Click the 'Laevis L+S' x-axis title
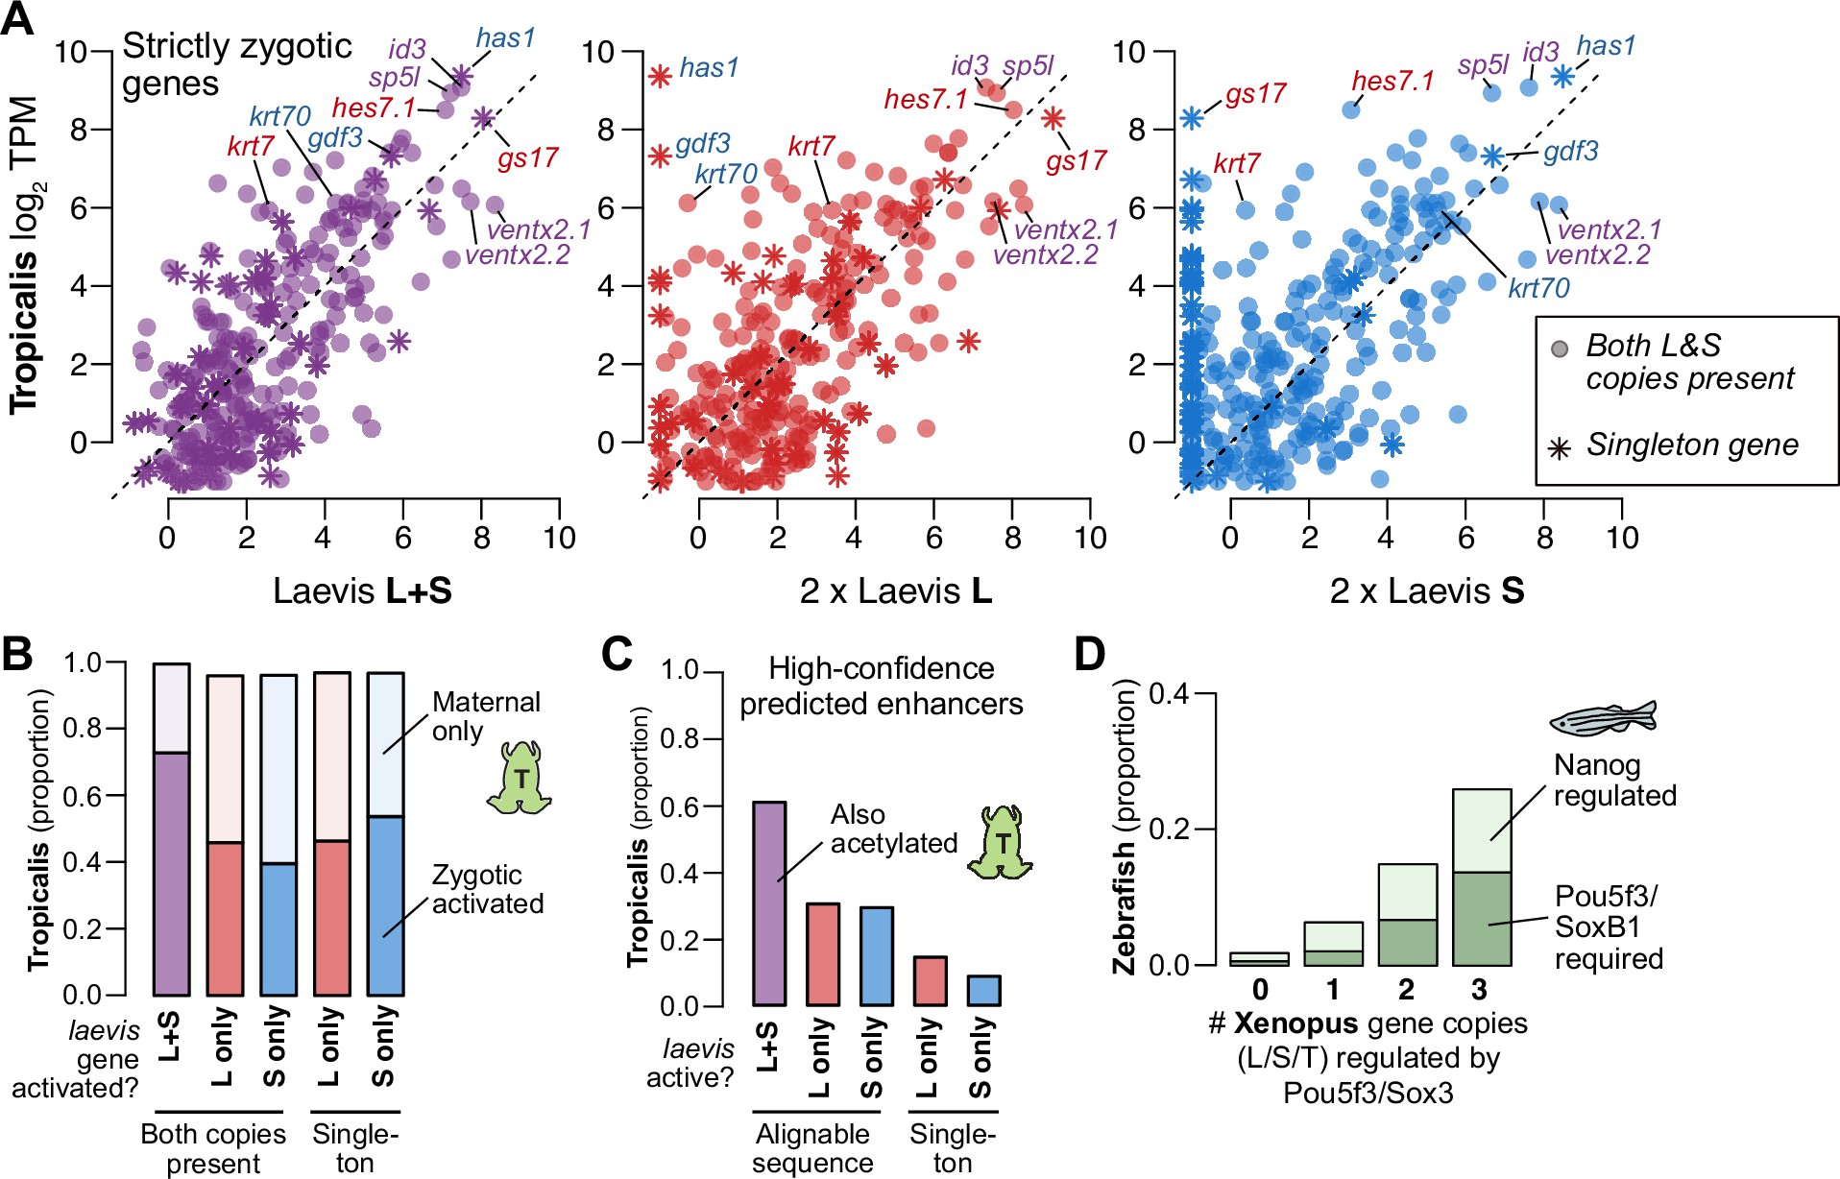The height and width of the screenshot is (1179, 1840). coord(362,590)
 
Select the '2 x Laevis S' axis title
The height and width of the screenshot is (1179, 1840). coord(1426,590)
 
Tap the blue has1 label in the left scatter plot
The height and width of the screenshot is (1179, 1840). coord(505,38)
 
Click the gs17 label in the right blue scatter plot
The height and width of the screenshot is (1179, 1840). coord(1255,94)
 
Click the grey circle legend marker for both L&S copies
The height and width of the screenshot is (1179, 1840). coord(1560,348)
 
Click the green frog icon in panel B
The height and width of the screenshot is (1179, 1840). coord(521,778)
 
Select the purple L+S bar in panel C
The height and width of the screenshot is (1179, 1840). coord(768,902)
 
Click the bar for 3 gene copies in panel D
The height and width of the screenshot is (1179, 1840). coord(1482,877)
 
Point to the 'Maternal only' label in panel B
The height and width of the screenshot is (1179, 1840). coord(486,716)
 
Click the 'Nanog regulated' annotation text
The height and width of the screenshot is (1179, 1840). coord(1614,781)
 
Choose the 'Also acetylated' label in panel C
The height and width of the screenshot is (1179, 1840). coord(893,829)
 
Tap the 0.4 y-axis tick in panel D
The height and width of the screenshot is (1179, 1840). coord(1170,693)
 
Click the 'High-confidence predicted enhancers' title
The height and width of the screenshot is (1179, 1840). coord(881,686)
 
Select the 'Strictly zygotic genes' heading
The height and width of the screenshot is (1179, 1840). coord(236,64)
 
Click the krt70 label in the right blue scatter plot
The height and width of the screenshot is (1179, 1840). coord(1538,288)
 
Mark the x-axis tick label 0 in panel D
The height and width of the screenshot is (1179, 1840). coord(1260,989)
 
